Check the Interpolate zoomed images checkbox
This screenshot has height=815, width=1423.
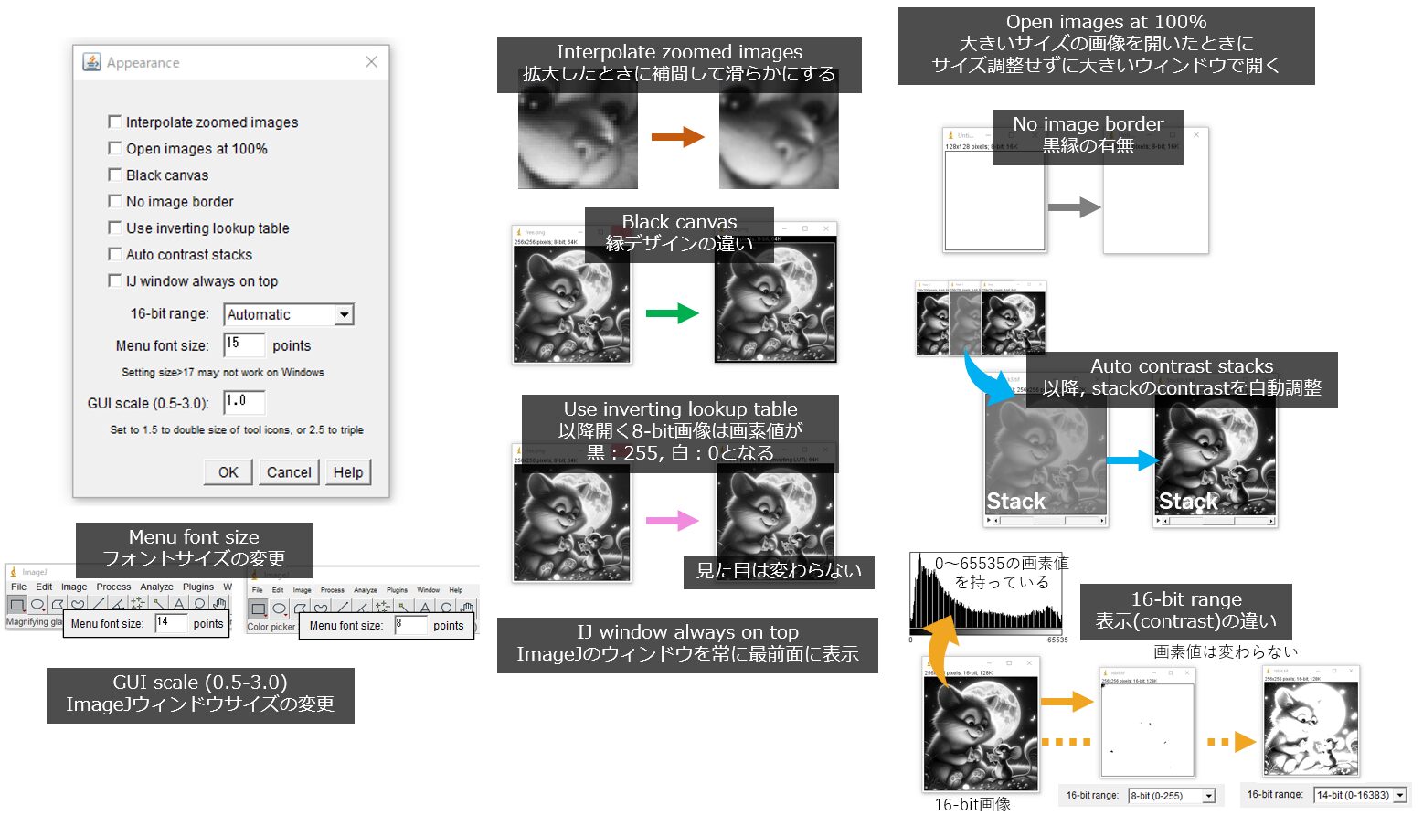(115, 122)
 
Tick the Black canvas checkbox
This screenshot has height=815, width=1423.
(115, 175)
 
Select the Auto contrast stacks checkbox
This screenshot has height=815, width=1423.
(115, 254)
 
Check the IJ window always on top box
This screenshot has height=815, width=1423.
(115, 280)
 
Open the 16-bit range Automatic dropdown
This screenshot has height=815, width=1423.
(344, 314)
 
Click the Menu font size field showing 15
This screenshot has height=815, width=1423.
(244, 344)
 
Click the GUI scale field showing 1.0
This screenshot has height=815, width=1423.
(244, 402)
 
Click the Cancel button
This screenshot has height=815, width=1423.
(289, 472)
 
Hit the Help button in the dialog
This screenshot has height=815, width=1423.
(348, 472)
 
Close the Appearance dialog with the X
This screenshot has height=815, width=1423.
(371, 62)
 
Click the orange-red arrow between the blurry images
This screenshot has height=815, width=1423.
(677, 137)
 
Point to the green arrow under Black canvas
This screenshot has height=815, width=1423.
(672, 313)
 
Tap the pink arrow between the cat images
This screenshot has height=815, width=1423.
(672, 521)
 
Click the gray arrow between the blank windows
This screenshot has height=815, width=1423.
(1074, 207)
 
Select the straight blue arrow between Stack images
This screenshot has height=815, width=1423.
(1131, 460)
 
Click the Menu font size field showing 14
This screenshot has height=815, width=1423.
(171, 623)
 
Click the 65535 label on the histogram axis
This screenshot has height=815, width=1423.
(1057, 640)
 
